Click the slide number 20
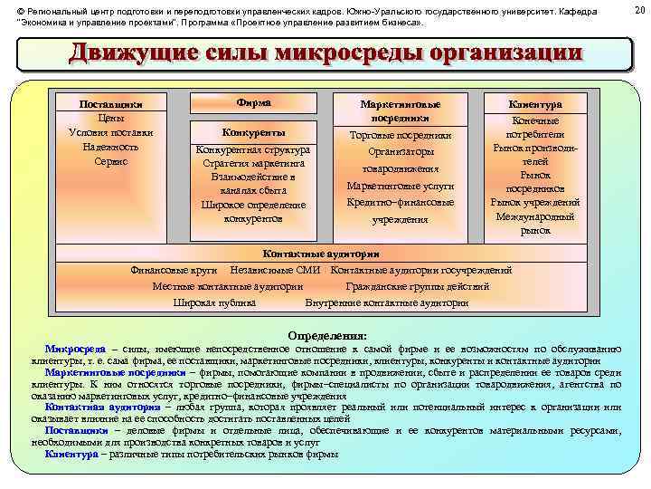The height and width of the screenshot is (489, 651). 639,10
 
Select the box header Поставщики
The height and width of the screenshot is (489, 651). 111,104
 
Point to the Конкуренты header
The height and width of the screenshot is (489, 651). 253,131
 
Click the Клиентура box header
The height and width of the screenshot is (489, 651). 535,104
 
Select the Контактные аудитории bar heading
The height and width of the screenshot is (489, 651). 320,254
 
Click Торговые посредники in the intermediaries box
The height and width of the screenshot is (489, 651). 401,135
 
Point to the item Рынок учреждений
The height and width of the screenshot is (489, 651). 535,203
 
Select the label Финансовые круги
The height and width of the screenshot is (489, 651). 174,270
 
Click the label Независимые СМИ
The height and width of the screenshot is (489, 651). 276,270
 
